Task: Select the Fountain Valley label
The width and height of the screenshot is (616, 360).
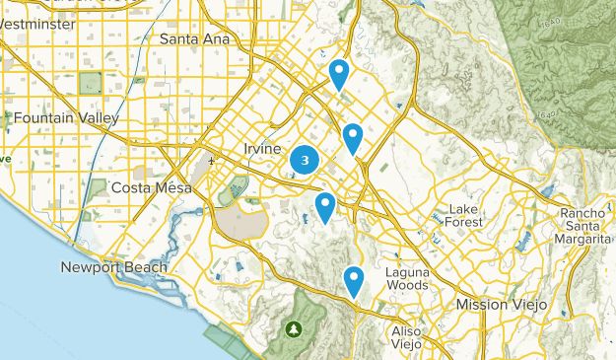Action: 67,118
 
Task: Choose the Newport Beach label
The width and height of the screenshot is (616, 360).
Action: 113,267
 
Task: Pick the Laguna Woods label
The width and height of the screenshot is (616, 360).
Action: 406,278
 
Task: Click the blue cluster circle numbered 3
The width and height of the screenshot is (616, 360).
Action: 306,160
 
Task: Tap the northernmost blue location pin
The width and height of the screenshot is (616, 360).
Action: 339,73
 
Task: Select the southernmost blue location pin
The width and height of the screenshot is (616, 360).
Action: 354,280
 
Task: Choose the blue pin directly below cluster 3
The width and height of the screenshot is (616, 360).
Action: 325,207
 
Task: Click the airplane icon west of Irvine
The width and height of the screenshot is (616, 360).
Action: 211,160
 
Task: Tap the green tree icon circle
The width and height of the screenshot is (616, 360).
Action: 293,328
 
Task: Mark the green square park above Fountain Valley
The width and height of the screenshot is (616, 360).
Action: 91,84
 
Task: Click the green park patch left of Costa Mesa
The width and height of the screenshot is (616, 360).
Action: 99,187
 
